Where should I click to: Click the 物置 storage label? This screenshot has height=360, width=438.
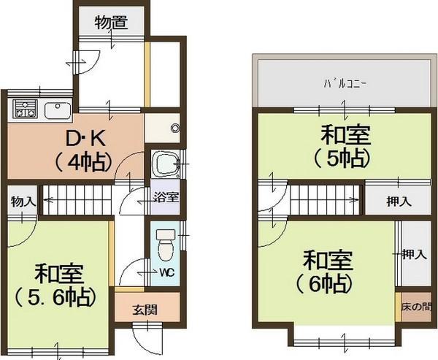[x=112, y=23]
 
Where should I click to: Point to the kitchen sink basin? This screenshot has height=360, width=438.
[x=56, y=112]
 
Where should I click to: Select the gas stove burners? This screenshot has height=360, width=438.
[x=25, y=112]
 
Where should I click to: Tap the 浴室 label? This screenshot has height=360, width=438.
[x=165, y=196]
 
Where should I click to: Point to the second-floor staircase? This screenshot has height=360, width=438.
[x=325, y=198]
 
